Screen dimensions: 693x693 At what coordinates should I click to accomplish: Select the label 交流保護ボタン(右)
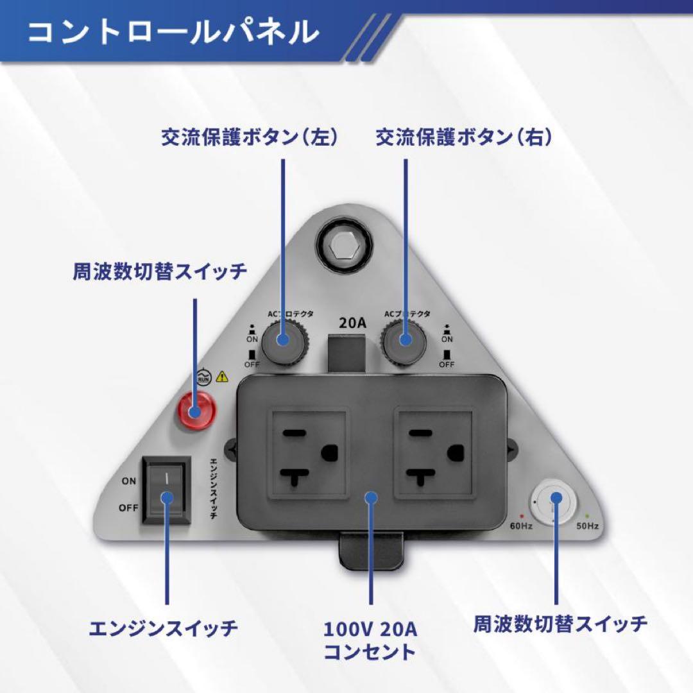(x=463, y=137)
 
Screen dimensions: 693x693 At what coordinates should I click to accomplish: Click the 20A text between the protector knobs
(x=352, y=322)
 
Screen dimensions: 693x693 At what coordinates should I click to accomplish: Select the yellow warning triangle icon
(x=223, y=377)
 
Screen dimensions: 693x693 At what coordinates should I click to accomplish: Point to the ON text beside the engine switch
(x=128, y=481)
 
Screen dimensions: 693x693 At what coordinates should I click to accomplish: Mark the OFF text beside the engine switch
(x=128, y=508)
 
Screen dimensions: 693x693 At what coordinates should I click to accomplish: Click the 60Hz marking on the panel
(x=521, y=526)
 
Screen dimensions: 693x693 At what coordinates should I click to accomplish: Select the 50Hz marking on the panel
(x=586, y=526)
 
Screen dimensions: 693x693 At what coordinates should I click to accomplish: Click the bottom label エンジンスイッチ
(x=163, y=628)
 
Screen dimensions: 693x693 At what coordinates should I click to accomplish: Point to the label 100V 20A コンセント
(x=370, y=640)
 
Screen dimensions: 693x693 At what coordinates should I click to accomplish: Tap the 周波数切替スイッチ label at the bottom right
(x=560, y=623)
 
